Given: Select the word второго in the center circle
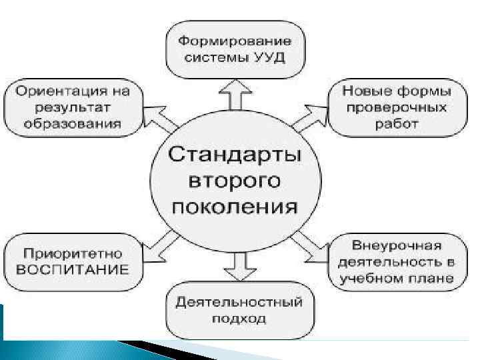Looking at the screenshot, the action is [234, 181].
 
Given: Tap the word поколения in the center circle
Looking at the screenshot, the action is [234, 205].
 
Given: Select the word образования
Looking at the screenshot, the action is [73, 123].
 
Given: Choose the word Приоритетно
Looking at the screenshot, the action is [72, 253].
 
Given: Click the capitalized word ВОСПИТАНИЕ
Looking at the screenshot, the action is [72, 269].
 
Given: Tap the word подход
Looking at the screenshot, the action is [239, 318].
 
